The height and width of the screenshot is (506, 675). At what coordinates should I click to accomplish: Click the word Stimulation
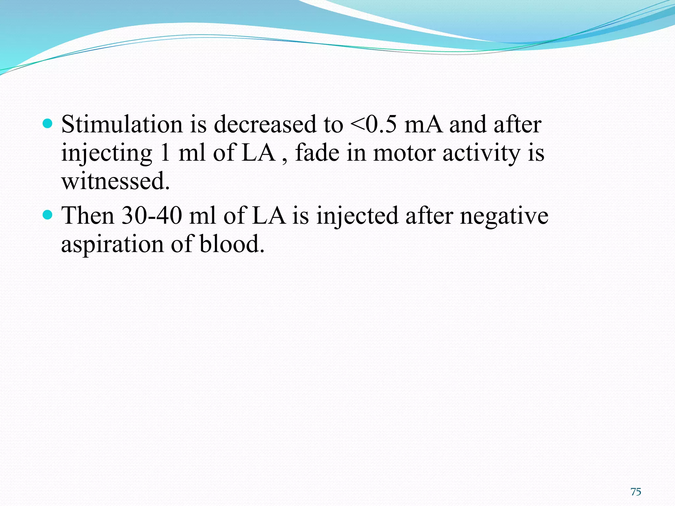point(122,125)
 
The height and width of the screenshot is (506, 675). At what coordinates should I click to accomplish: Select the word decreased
point(265,125)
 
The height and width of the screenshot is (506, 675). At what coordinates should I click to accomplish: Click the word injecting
point(106,154)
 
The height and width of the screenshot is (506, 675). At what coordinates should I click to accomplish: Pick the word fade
point(317,153)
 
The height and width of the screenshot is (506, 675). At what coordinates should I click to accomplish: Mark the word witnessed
point(115,181)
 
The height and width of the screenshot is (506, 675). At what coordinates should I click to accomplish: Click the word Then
point(88,216)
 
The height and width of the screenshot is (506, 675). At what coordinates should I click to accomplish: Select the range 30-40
point(152,216)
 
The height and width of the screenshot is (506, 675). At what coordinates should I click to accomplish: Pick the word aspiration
point(112,244)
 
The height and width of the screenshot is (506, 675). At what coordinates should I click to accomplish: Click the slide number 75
point(636,492)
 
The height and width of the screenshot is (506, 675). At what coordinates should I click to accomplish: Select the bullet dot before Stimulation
point(48,124)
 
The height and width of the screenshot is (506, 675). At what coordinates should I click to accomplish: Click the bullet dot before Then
point(48,215)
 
